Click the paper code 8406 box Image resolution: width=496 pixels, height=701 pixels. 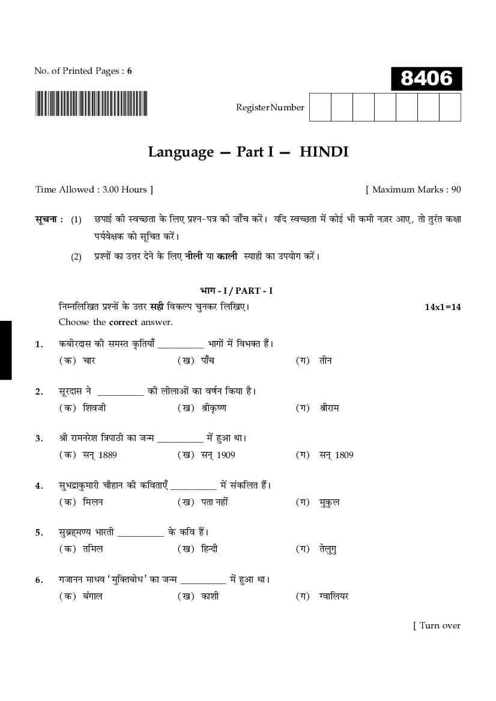pyautogui.click(x=426, y=79)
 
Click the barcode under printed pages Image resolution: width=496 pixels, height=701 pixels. pyautogui.click(x=91, y=103)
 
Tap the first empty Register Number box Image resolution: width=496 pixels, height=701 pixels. pyautogui.click(x=320, y=107)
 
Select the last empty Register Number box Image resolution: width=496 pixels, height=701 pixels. pyautogui.click(x=450, y=107)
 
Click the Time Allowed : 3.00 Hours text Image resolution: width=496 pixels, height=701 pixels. pyautogui.click(x=94, y=189)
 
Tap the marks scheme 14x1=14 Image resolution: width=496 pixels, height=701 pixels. pyautogui.click(x=443, y=307)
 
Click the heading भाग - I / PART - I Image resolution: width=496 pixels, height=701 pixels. pyautogui.click(x=236, y=291)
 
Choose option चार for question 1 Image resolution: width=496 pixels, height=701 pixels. pyautogui.click(x=89, y=361)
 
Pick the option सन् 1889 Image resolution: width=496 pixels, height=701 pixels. pyautogui.click(x=100, y=455)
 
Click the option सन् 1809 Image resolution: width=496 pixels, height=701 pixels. pyautogui.click(x=336, y=455)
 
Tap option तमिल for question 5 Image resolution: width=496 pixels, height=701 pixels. pyautogui.click(x=93, y=549)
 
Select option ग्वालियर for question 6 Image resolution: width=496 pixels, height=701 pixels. pyautogui.click(x=334, y=596)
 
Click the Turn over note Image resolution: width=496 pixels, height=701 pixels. pyautogui.click(x=437, y=625)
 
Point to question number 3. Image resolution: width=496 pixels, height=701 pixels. pyautogui.click(x=39, y=438)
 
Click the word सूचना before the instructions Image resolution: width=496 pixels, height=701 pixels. pyautogui.click(x=49, y=219)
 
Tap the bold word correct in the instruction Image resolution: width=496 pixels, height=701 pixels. pyautogui.click(x=123, y=322)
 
